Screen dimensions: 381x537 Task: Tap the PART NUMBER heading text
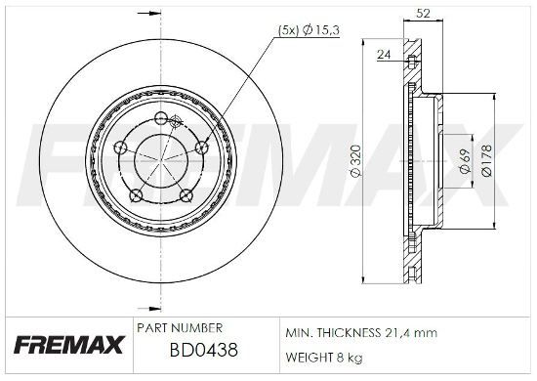pos(181,327)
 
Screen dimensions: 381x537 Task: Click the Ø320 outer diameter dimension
pos(357,160)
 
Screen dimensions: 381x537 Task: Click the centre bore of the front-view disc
pos(159,159)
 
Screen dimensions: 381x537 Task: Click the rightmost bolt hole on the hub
pos(201,147)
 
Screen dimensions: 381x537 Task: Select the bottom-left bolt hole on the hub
pos(134,195)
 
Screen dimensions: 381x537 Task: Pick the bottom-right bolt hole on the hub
pos(185,195)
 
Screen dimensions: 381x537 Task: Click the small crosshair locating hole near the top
pos(175,122)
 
